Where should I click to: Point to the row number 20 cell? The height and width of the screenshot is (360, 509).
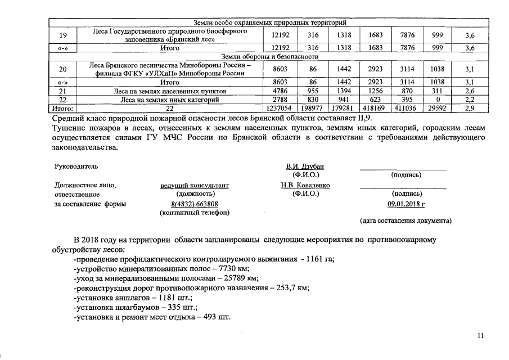click(x=63, y=69)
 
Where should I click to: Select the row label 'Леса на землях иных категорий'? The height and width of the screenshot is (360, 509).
click(x=170, y=100)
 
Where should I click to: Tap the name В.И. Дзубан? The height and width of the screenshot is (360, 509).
click(x=305, y=166)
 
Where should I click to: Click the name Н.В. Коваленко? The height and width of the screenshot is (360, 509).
click(x=305, y=185)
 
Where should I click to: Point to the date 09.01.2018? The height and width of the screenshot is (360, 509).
click(x=406, y=204)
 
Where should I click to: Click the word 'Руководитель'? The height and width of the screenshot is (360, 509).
click(x=76, y=167)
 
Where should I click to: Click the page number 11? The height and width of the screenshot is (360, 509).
click(x=480, y=336)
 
